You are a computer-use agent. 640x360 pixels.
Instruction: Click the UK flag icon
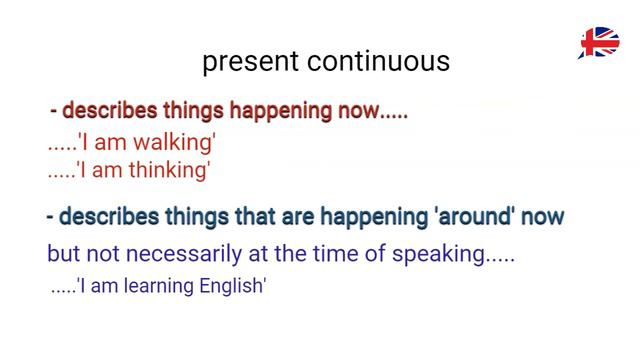coord(599,43)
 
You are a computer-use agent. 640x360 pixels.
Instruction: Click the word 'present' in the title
coord(251,62)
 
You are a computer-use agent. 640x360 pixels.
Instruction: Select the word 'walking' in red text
coord(180,143)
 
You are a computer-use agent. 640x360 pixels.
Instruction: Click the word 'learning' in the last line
coord(160,286)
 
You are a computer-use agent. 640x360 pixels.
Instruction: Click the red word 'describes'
coord(104,111)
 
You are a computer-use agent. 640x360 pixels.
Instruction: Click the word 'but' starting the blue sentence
coord(63,253)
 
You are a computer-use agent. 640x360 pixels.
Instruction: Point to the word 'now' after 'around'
coord(546,216)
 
